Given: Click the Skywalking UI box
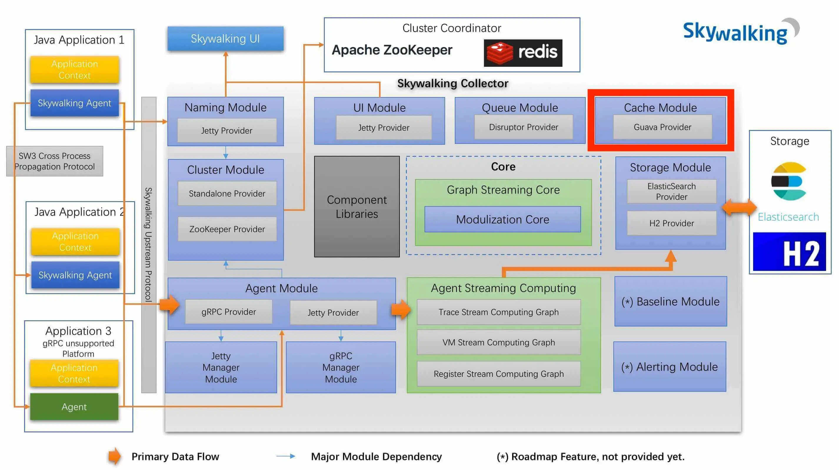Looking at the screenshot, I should pyautogui.click(x=225, y=39).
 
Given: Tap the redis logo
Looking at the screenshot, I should pyautogui.click(x=522, y=53).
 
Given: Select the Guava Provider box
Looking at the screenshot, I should pyautogui.click(x=662, y=127).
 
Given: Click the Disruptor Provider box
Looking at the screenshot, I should pyautogui.click(x=523, y=127).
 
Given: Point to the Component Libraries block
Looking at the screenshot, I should pyautogui.click(x=357, y=206).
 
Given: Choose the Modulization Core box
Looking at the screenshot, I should pyautogui.click(x=502, y=219).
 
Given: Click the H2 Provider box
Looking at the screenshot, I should pyautogui.click(x=671, y=223).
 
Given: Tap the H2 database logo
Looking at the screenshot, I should pyautogui.click(x=789, y=251).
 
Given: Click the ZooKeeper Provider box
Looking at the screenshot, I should pyautogui.click(x=227, y=229).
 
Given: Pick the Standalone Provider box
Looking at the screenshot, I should pyautogui.click(x=227, y=194).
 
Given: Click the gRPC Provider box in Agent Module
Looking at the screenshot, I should pyautogui.click(x=229, y=312).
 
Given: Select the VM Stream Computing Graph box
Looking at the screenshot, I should pyautogui.click(x=498, y=342).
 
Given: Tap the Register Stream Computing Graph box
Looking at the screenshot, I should pyautogui.click(x=498, y=374).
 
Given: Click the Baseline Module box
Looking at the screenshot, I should pyautogui.click(x=670, y=301).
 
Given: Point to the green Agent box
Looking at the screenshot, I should pyautogui.click(x=74, y=406).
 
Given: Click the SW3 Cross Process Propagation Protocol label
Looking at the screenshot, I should pyautogui.click(x=55, y=161).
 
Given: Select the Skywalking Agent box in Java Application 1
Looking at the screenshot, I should pyautogui.click(x=75, y=103).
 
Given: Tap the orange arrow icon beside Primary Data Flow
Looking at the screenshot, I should pyautogui.click(x=114, y=456).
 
